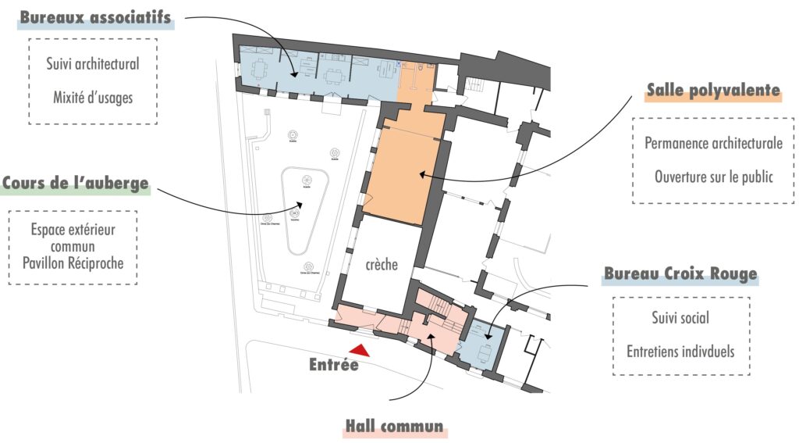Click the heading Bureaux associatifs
95,18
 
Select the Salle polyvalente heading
713,91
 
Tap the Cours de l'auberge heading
75,184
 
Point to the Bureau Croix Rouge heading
680,274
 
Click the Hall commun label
394,427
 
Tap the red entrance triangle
360,352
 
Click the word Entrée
333,364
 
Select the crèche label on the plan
382,265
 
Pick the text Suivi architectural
92,63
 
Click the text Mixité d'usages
92,98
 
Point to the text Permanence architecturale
713,143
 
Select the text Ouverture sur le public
713,177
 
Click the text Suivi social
680,318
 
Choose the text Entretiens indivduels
680,351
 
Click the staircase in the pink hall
441,303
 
